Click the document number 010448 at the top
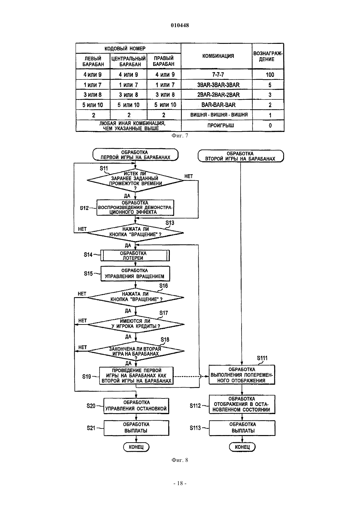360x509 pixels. [180, 25]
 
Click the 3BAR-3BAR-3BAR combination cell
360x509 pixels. [218, 85]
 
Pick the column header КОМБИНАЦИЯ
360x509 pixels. [218, 56]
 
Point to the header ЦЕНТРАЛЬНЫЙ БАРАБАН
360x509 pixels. [128, 61]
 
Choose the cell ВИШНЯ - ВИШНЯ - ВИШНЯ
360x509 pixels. [219, 115]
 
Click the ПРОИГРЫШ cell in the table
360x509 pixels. [220, 125]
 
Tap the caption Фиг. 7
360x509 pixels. [180, 136]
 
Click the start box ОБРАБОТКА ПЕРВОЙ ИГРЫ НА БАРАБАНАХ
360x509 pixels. [135, 155]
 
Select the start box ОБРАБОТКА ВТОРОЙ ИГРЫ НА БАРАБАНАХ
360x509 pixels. [241, 156]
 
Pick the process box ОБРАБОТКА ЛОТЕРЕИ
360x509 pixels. [135, 255]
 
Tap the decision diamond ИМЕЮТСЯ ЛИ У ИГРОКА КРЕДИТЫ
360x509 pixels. [136, 324]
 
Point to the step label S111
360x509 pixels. [262, 358]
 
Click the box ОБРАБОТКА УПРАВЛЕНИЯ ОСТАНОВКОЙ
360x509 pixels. [136, 406]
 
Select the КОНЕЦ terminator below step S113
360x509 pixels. [242, 447]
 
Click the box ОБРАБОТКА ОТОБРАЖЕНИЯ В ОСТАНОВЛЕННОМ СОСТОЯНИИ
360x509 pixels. [242, 404]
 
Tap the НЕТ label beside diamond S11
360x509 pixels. [189, 176]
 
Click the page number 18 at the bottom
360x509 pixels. [180, 483]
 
